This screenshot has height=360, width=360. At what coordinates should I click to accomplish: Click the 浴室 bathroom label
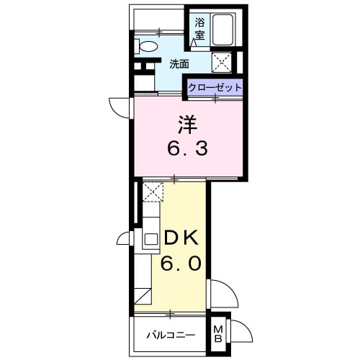(x=199, y=27)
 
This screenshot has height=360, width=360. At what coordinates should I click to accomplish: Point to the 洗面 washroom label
(x=179, y=63)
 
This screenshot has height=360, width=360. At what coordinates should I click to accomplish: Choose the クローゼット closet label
(x=215, y=87)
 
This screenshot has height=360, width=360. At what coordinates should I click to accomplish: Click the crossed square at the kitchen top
(x=152, y=191)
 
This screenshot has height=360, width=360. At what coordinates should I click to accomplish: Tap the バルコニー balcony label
(x=171, y=335)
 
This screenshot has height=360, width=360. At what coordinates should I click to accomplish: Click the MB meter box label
(x=219, y=335)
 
